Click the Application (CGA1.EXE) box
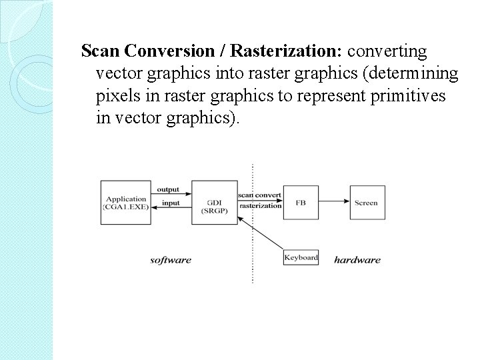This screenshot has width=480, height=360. (x=126, y=202)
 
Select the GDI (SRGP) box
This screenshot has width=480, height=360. (x=213, y=202)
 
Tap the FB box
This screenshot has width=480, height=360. (x=301, y=202)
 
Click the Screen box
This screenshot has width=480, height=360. (x=365, y=202)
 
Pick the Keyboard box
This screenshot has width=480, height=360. (x=301, y=258)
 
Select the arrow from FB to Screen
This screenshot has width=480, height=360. (x=333, y=202)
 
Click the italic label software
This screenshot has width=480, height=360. (x=171, y=260)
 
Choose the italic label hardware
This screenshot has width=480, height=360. (x=357, y=260)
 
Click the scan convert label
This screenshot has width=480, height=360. (x=260, y=195)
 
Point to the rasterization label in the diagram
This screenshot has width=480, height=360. (x=260, y=206)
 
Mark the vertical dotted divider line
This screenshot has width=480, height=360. (x=253, y=267)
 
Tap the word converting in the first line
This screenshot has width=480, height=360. (x=390, y=51)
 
